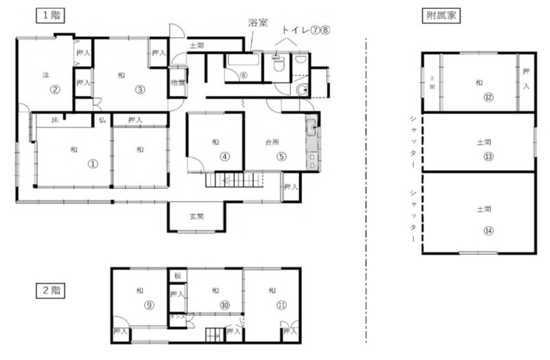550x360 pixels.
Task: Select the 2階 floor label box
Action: (51, 290)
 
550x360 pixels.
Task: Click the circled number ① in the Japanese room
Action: (91, 164)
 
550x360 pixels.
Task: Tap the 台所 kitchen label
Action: (274, 142)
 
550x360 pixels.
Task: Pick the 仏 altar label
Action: (102, 120)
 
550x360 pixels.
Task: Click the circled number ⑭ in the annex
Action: (487, 230)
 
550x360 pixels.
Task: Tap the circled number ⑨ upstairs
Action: (148, 306)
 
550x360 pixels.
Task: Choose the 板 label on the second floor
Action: (177, 276)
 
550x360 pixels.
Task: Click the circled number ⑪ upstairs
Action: (281, 306)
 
